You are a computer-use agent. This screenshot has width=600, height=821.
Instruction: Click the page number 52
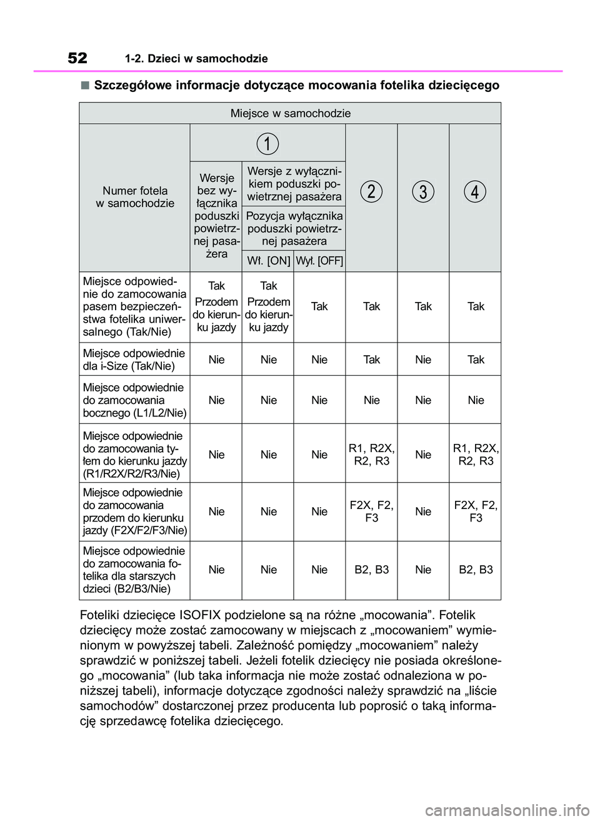(x=77, y=58)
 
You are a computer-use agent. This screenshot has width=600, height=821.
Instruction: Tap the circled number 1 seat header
(x=267, y=143)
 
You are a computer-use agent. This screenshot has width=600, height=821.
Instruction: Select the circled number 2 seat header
(x=371, y=191)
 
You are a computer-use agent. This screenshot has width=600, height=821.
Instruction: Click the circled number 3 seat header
(x=423, y=191)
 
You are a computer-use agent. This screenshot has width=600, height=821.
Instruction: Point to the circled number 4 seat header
(x=475, y=191)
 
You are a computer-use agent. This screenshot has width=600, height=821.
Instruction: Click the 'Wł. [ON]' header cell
(x=268, y=261)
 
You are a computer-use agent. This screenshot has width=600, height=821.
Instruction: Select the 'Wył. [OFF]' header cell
(x=319, y=261)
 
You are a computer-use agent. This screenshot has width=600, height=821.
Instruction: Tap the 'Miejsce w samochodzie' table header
(x=290, y=113)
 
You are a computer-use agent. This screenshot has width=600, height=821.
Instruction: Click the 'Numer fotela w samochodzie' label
(x=135, y=197)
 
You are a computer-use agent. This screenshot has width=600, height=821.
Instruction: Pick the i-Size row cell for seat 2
(x=371, y=360)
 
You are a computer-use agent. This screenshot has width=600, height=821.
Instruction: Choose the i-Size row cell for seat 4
(x=476, y=360)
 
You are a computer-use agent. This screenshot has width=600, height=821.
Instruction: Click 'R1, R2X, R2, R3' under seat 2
(x=371, y=455)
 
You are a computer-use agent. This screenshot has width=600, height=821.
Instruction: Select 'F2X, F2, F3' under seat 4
(x=476, y=511)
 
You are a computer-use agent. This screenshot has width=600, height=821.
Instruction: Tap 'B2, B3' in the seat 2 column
(x=371, y=570)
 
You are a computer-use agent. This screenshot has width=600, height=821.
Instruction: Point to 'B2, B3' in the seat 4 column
(x=476, y=570)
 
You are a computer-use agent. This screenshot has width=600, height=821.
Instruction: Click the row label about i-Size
(x=134, y=360)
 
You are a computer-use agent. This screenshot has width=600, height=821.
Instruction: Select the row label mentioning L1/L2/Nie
(x=134, y=400)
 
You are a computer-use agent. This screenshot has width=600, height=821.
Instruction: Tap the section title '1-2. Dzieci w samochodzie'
(x=196, y=59)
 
